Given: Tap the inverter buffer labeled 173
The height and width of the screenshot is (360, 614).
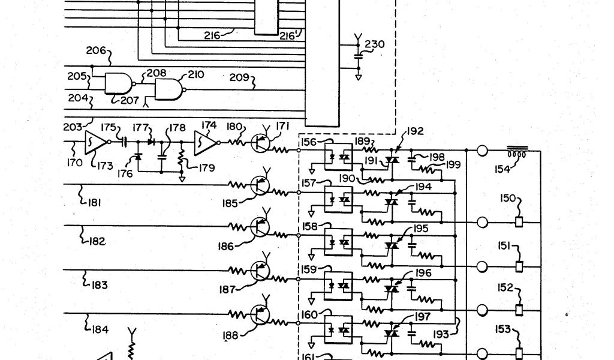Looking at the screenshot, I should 95,142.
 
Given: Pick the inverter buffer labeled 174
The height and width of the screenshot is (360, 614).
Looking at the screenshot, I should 204,143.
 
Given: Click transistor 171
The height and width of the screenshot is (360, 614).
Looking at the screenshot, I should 261,142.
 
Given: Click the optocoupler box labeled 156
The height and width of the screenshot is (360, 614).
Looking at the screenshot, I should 338,154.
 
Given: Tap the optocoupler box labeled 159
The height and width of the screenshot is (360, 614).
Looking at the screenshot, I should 338,283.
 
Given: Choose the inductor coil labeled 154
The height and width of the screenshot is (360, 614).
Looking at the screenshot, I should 516,151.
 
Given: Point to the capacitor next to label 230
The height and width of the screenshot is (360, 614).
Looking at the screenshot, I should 359,56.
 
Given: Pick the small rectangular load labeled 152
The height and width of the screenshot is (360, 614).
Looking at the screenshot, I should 520,310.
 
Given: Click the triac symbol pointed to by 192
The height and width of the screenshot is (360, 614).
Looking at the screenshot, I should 392,160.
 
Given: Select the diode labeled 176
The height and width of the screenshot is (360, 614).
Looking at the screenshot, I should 138,157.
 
